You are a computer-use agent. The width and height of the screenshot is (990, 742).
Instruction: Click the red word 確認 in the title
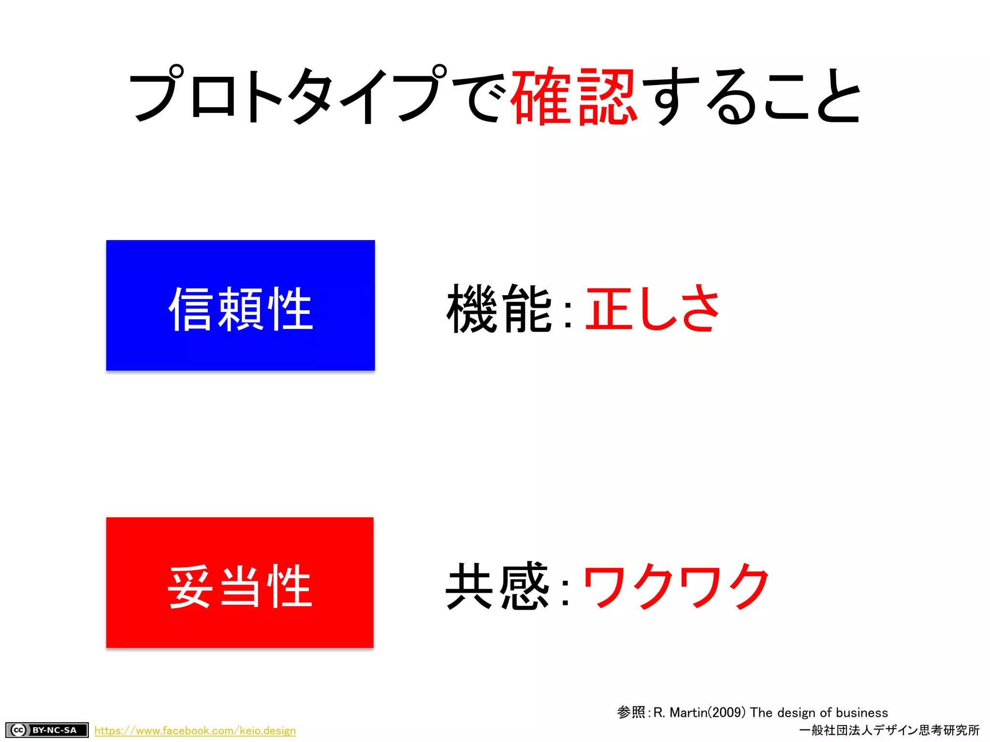point(573,96)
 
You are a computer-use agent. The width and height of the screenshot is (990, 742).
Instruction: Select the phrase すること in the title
point(752,96)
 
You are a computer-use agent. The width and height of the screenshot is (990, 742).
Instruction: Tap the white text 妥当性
point(240,586)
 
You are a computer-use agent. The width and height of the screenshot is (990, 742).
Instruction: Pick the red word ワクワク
point(676,586)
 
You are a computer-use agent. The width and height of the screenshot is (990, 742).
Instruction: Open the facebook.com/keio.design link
point(195,730)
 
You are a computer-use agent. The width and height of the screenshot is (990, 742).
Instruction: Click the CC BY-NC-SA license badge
point(47,730)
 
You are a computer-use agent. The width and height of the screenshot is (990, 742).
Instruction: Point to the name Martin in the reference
point(688,713)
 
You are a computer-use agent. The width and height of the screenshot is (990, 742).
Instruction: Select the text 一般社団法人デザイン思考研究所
point(889,730)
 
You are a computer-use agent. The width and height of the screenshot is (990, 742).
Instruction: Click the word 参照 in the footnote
point(631,713)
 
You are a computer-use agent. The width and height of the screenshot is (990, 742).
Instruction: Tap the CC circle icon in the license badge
point(18,730)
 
